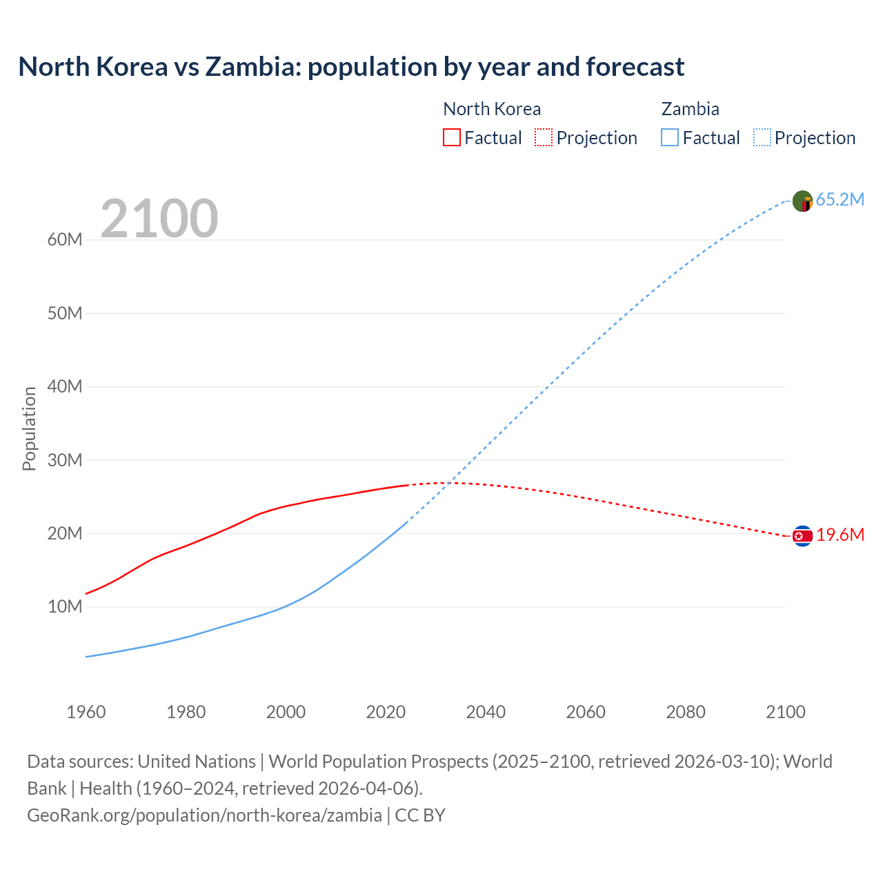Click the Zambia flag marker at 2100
click(802, 201)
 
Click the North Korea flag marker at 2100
click(802, 536)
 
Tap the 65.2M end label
click(840, 200)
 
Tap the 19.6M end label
click(840, 535)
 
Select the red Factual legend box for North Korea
click(451, 137)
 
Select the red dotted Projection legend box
click(544, 137)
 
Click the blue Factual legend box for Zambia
click(670, 137)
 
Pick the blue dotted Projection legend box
click(762, 137)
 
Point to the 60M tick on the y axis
click(65, 240)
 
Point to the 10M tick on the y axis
click(65, 607)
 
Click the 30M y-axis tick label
click(65, 460)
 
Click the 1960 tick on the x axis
click(86, 712)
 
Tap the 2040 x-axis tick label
click(486, 712)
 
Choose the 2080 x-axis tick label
click(686, 712)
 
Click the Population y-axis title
click(29, 428)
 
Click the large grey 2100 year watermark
click(159, 219)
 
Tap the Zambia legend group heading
click(690, 109)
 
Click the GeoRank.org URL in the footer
click(204, 815)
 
